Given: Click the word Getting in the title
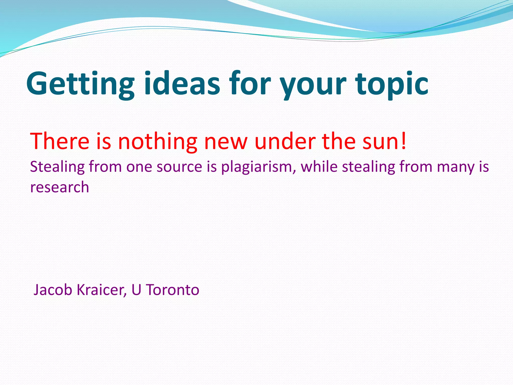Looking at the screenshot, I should pyautogui.click(x=80, y=84).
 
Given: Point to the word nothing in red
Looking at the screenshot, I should pyautogui.click(x=158, y=141).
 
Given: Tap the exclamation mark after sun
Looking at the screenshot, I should pyautogui.click(x=403, y=141).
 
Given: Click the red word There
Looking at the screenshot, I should pyautogui.click(x=60, y=141).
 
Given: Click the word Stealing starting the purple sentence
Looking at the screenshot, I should pyautogui.click(x=57, y=167).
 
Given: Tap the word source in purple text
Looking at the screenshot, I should pyautogui.click(x=179, y=167).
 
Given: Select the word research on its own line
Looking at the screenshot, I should pyautogui.click(x=60, y=187).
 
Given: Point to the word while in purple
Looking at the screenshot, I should pyautogui.click(x=319, y=167).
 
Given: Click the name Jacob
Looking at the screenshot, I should pyautogui.click(x=53, y=290).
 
